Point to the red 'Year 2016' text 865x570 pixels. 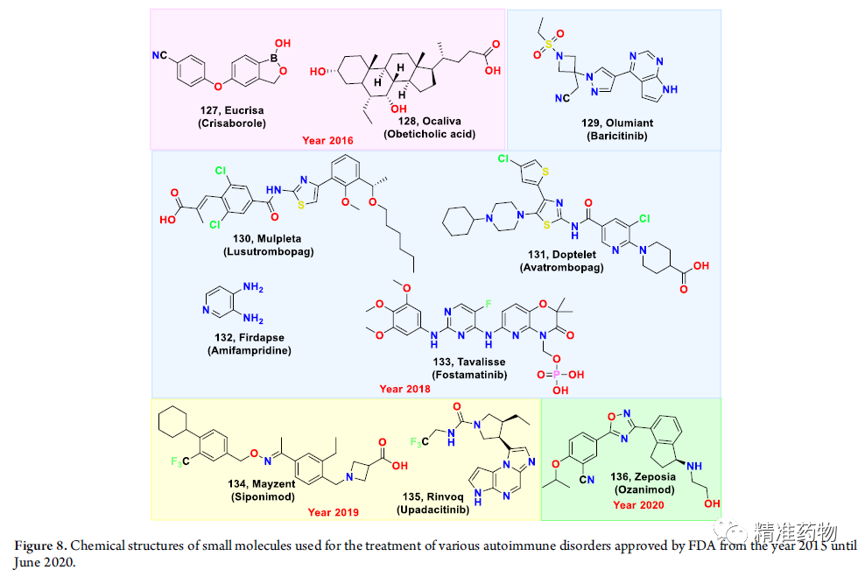click(327, 140)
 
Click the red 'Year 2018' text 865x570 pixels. click(404, 388)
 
